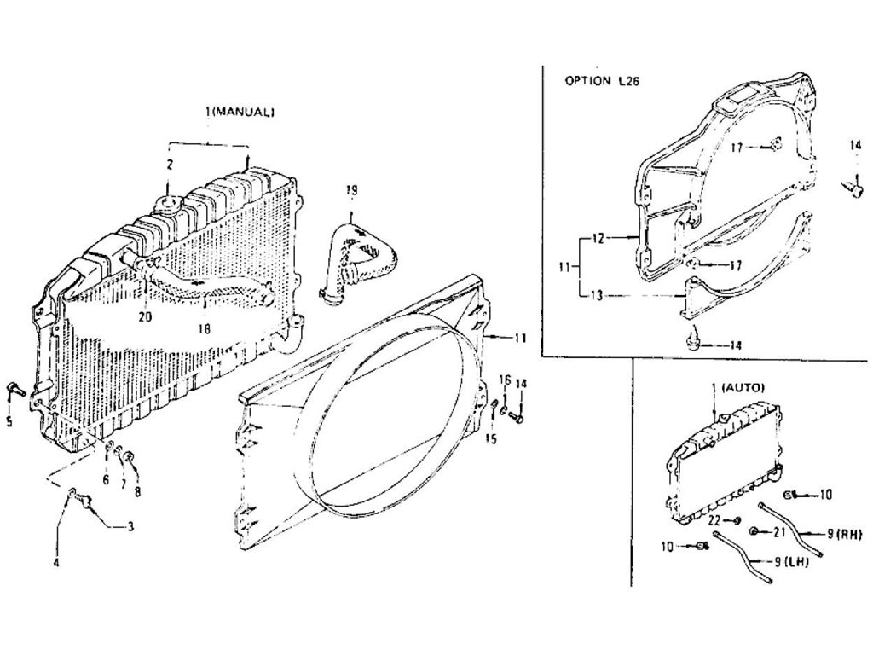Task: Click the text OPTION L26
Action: [602, 81]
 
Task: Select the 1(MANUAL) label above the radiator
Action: [240, 112]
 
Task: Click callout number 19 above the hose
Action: [351, 190]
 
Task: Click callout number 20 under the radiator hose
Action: [146, 317]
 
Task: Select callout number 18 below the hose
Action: [205, 328]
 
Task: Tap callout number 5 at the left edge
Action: [9, 421]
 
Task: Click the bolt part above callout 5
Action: [15, 389]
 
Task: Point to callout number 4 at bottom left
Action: [56, 563]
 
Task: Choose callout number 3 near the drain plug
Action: [130, 525]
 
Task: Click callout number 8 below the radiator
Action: [137, 491]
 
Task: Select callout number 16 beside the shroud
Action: [505, 380]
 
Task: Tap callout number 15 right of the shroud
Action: [490, 439]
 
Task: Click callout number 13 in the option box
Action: [596, 296]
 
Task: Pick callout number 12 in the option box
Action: [598, 239]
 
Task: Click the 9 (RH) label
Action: [844, 534]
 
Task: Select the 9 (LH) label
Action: [792, 562]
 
